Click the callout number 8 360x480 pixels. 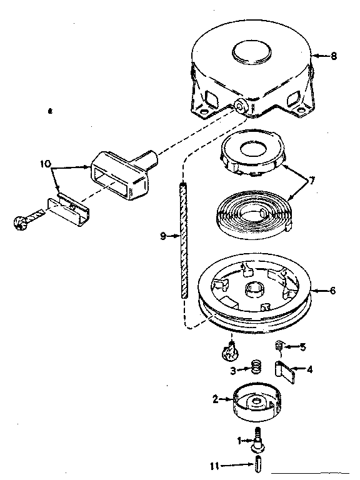coord(334,56)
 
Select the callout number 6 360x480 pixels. coord(333,290)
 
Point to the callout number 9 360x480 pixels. coord(163,236)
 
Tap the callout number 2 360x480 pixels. coord(215,399)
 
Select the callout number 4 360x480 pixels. coord(309,369)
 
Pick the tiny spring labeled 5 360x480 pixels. coord(281,346)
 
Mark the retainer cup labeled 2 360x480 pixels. coord(256,404)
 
